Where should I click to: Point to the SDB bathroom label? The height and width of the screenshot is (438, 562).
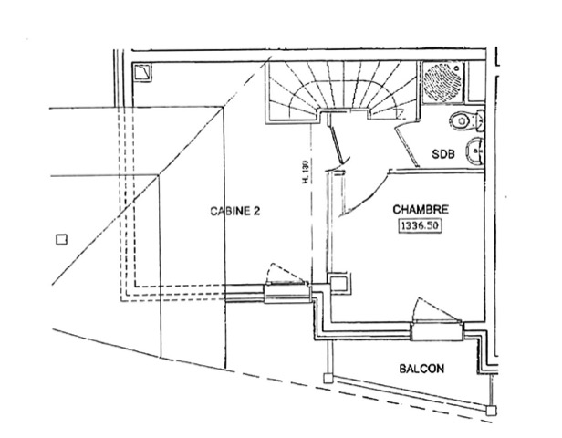[x=442, y=156]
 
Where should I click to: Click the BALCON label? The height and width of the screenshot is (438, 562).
[x=421, y=370]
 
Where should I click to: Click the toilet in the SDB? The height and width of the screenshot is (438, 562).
[x=465, y=120]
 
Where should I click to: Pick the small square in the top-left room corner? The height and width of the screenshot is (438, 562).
[x=143, y=73]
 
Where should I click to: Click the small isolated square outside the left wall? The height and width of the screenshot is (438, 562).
[x=61, y=240]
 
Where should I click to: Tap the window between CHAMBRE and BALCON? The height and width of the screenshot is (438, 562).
[x=435, y=332]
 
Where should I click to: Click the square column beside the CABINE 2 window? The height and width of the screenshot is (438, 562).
[x=338, y=285]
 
